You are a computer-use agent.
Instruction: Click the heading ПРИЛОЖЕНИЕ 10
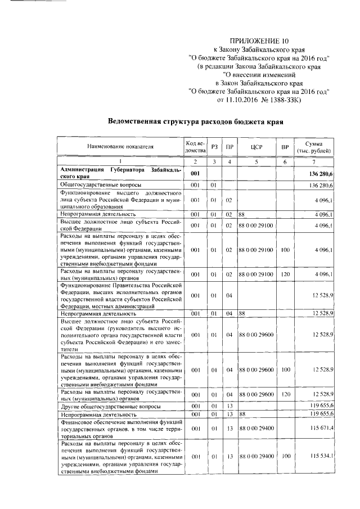pyautogui.click(x=259, y=41)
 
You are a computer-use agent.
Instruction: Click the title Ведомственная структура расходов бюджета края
pyautogui.click(x=195, y=121)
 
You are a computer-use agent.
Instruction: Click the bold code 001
pyautogui.click(x=195, y=173)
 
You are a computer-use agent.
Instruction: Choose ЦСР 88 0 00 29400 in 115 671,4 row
pyautogui.click(x=256, y=429)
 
